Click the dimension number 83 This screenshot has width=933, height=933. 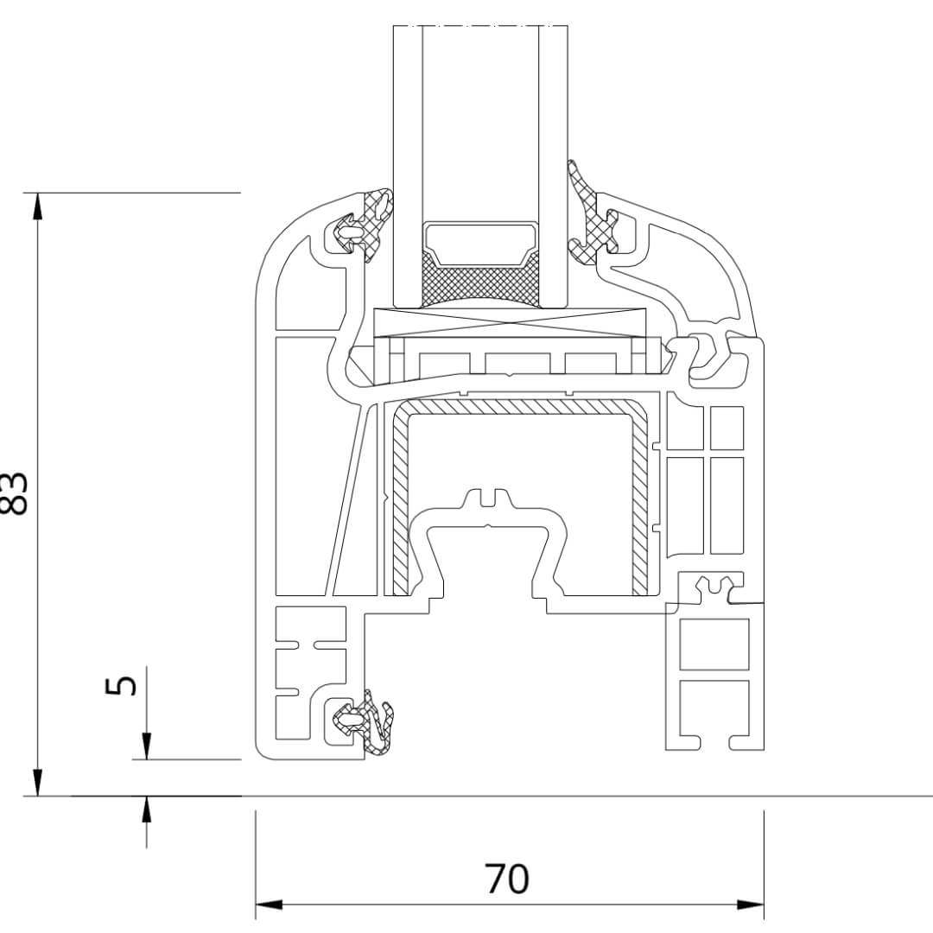[17, 493]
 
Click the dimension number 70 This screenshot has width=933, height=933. [507, 879]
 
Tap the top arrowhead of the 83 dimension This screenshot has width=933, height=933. [37, 204]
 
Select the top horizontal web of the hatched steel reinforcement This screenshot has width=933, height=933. [518, 407]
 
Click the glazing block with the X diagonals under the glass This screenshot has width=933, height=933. [511, 321]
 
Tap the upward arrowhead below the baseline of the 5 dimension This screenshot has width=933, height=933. [146, 807]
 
